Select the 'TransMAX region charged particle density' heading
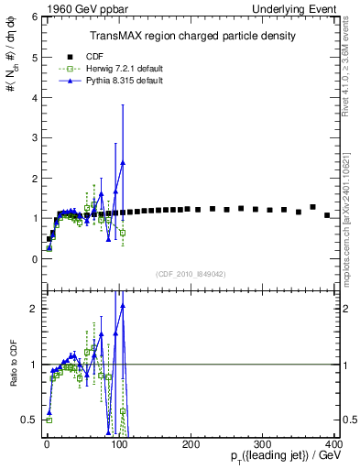click(191, 36)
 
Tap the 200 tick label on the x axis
click(191, 444)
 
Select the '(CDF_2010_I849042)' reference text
click(191, 273)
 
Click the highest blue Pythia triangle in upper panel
click(122, 163)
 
